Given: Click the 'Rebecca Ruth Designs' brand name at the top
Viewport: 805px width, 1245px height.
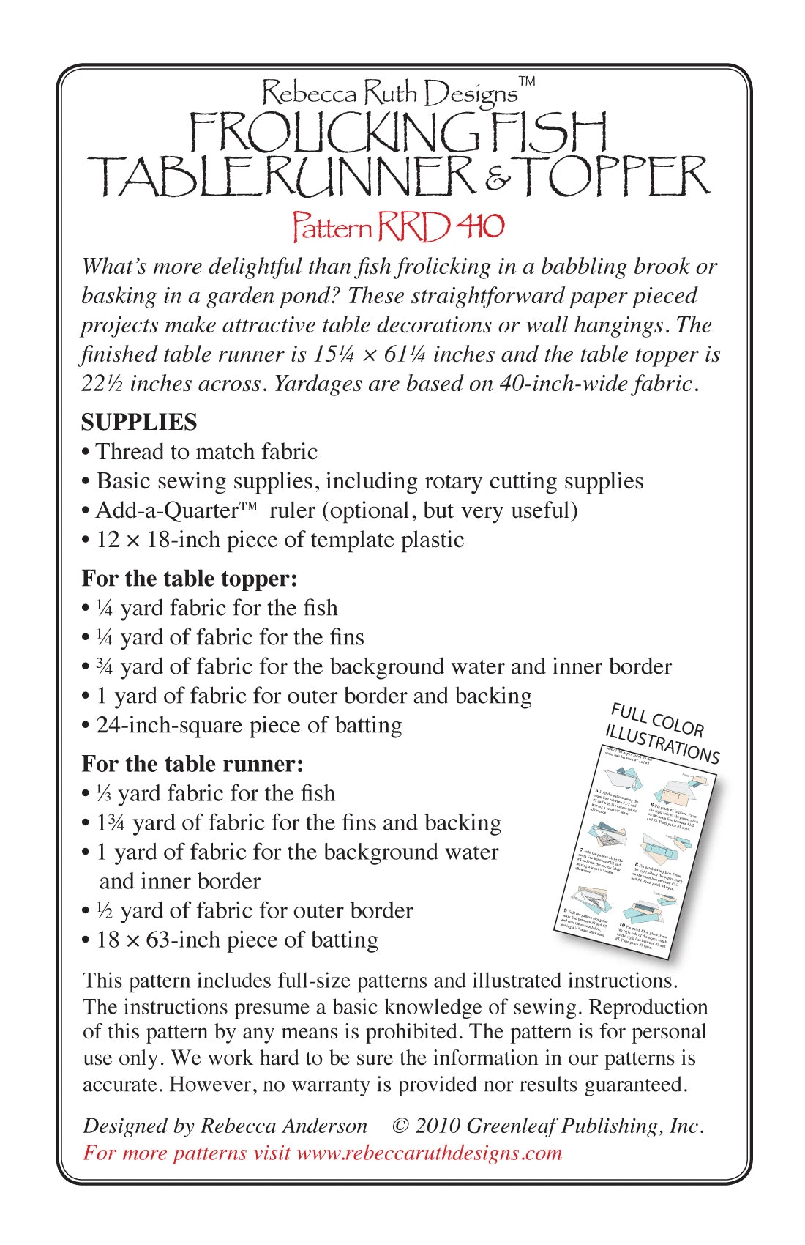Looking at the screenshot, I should [x=389, y=94].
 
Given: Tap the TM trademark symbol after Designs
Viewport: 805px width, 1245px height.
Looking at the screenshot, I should [x=527, y=81].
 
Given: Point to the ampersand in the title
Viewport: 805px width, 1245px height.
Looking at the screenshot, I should [x=498, y=179].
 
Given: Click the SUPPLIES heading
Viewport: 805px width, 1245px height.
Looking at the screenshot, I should [x=139, y=422].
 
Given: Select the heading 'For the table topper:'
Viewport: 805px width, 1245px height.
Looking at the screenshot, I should [x=190, y=579].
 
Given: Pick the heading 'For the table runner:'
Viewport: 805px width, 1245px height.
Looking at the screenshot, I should [x=192, y=764].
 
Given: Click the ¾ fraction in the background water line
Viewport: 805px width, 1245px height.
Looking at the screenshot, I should [x=105, y=666].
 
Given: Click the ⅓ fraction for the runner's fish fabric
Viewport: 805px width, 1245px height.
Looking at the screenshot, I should [x=104, y=793].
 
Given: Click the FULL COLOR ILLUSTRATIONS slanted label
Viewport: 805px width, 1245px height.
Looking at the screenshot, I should [x=662, y=732].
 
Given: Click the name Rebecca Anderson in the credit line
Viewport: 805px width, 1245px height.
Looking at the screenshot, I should [x=284, y=1126].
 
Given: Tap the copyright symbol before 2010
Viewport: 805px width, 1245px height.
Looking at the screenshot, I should [x=400, y=1126].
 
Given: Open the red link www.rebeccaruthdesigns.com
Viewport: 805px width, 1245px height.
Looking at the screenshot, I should [x=430, y=1153].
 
